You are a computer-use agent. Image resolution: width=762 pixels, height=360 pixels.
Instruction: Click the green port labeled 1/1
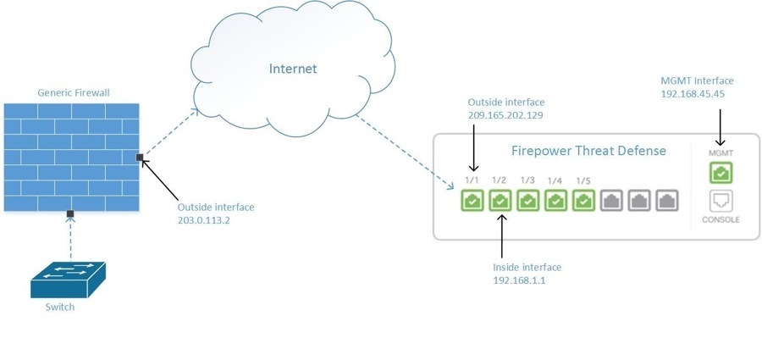472,202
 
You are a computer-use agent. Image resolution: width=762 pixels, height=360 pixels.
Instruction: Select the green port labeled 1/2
500,202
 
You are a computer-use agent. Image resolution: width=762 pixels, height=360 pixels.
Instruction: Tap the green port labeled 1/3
528,202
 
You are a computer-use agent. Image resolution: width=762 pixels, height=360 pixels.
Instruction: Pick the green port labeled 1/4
556,202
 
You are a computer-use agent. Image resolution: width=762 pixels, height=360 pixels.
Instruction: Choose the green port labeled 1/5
584,202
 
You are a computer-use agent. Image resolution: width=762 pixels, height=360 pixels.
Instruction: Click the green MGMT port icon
721,173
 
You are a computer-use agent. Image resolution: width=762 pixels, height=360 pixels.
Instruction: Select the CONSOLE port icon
721,201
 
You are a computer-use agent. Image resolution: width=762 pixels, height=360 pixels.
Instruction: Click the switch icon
68,279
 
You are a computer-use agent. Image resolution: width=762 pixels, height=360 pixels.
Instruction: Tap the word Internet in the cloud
292,69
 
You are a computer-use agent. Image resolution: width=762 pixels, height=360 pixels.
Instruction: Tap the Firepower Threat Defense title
588,151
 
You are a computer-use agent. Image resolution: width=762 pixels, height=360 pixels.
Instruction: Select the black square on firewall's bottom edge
70,213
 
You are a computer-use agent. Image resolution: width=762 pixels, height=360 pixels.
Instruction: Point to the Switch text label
60,307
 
